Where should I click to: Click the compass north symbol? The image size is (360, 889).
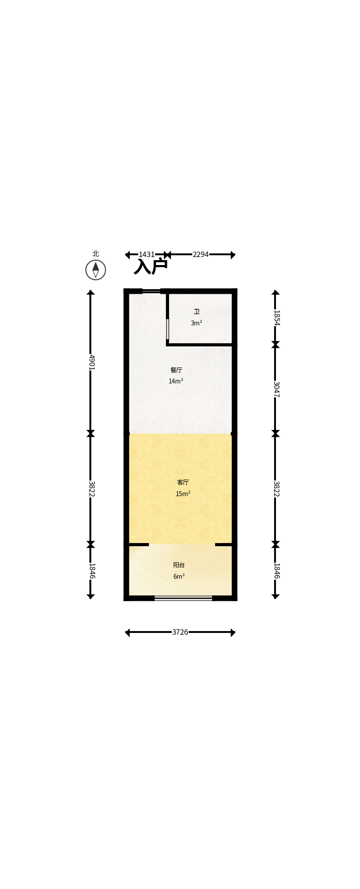pyautogui.click(x=96, y=270)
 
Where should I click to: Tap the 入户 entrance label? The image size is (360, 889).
pyautogui.click(x=151, y=266)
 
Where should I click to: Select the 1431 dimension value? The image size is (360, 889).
pyautogui.click(x=147, y=255)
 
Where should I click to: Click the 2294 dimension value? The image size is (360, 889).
pyautogui.click(x=201, y=255)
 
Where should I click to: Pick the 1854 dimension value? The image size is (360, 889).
pyautogui.click(x=276, y=318)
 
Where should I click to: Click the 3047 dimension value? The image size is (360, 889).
pyautogui.click(x=276, y=389)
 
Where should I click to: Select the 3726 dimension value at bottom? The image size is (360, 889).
pyautogui.click(x=180, y=632)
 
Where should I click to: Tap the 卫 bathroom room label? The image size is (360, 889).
pyautogui.click(x=196, y=312)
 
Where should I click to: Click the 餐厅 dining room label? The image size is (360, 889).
pyautogui.click(x=176, y=370)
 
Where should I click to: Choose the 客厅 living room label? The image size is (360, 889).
pyautogui.click(x=183, y=482)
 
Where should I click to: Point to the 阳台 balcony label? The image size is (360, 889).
pyautogui.click(x=179, y=565)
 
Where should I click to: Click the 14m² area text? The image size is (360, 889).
pyautogui.click(x=176, y=381)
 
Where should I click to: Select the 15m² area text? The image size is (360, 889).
pyautogui.click(x=183, y=494)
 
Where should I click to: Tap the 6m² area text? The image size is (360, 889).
pyautogui.click(x=179, y=577)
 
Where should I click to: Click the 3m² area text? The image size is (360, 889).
pyautogui.click(x=196, y=323)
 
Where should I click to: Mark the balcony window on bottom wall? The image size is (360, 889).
pyautogui.click(x=183, y=598)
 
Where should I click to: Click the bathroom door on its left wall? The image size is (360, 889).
pyautogui.click(x=168, y=329)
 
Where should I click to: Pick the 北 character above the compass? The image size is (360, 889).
pyautogui.click(x=96, y=253)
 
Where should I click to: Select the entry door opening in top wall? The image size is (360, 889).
pyautogui.click(x=151, y=291)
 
